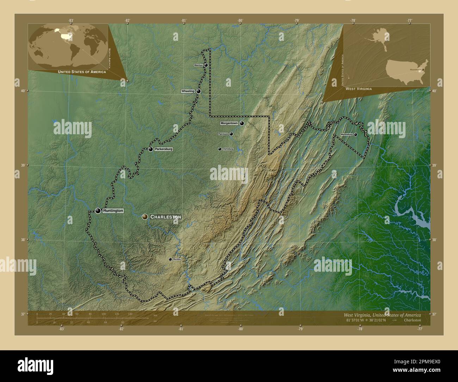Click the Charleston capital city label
166,217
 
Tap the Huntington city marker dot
98,211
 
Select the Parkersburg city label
163,149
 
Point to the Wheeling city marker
199,91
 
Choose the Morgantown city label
229,123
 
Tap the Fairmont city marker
231,134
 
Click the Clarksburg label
228,149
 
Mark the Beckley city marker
170,259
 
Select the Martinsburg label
347,135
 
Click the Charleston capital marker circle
145,217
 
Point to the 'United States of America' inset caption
82,72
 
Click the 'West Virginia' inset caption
359,89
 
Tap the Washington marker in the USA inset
423,70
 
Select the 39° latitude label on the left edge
23,165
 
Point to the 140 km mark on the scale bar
130,314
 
